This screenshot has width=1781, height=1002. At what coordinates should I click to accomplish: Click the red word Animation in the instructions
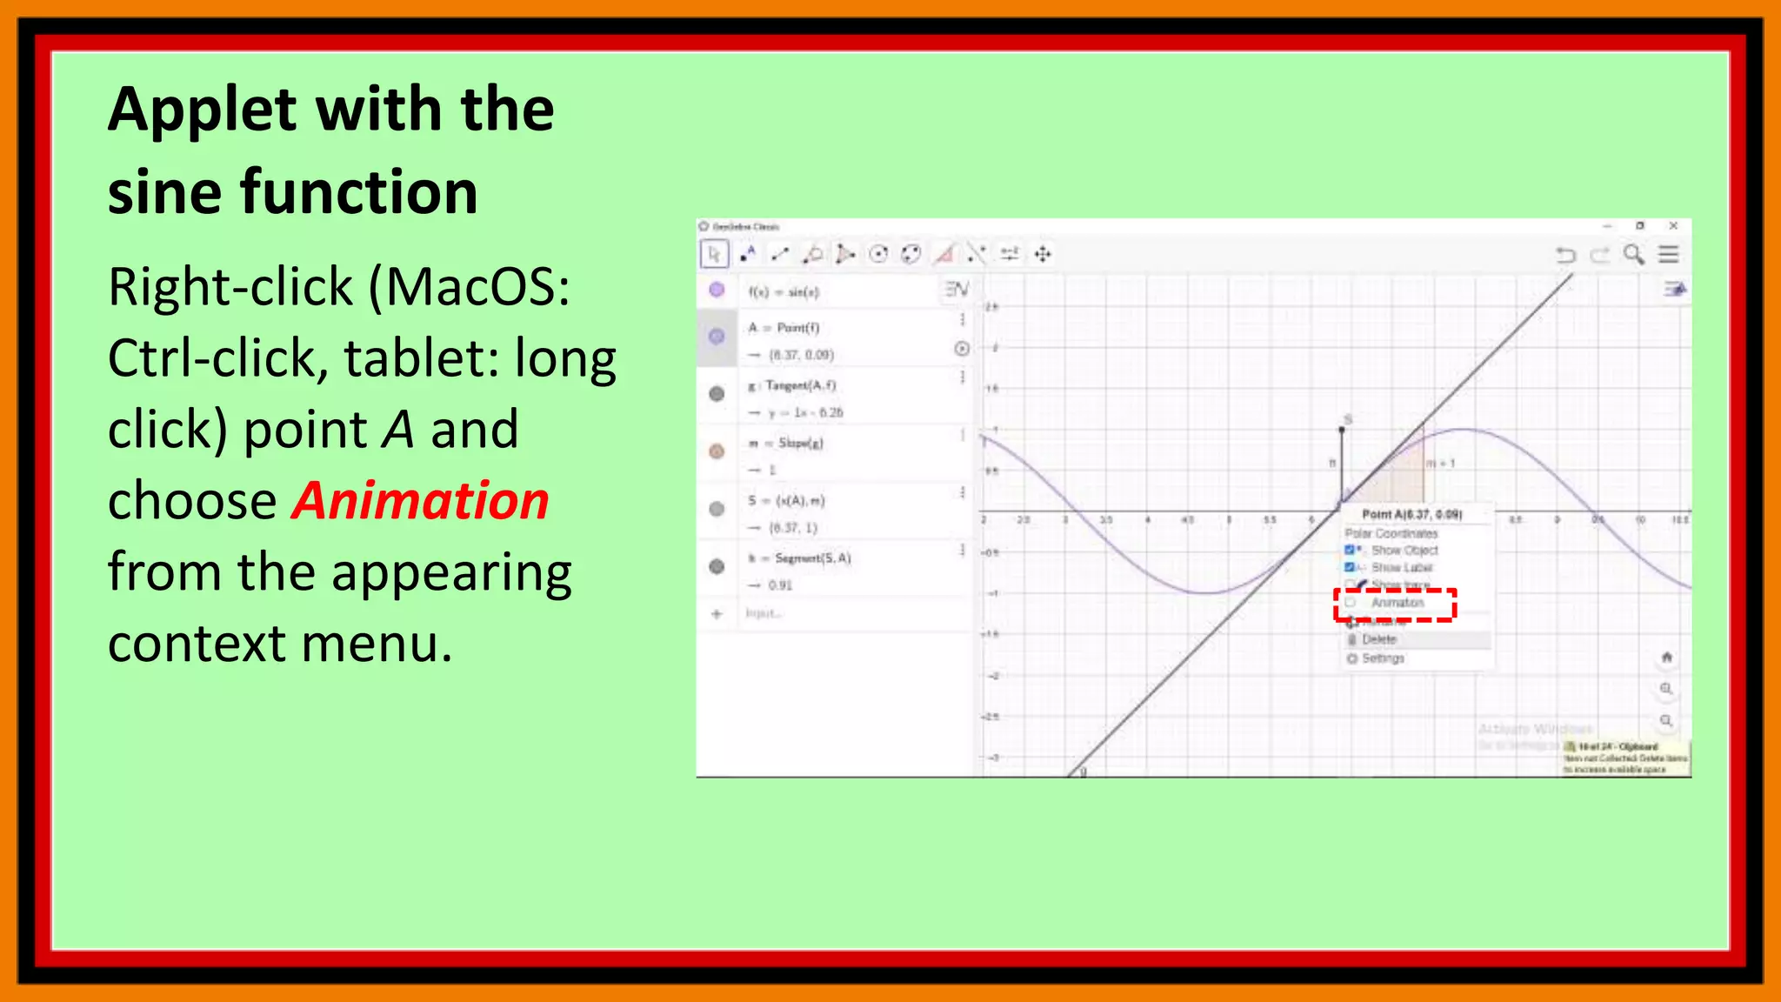coord(420,502)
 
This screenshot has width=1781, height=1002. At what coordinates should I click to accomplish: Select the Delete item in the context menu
coord(1379,639)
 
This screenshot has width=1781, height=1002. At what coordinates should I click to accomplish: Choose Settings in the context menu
coord(1383,658)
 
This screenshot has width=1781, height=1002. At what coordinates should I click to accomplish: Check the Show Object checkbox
coord(1350,550)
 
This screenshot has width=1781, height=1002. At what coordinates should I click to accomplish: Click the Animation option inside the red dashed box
coord(1397,603)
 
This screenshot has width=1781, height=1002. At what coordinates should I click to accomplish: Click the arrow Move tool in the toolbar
coord(714,254)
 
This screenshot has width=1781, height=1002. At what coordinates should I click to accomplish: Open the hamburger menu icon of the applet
coord(1668,254)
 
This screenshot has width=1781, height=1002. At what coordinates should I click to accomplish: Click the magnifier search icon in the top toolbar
coord(1634,254)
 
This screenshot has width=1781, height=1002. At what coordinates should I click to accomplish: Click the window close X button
coord(1673,226)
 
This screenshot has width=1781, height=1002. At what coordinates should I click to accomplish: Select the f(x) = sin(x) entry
coord(784,292)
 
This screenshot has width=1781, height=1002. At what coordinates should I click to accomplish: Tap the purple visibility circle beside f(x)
coord(717,291)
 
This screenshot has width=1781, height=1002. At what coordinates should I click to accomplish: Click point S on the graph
coord(1342,430)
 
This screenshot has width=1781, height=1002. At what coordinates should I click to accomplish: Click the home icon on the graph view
coord(1666,658)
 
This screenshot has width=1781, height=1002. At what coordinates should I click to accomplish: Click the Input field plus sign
coord(717,614)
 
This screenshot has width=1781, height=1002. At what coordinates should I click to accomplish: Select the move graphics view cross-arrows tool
coord(1043,254)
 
